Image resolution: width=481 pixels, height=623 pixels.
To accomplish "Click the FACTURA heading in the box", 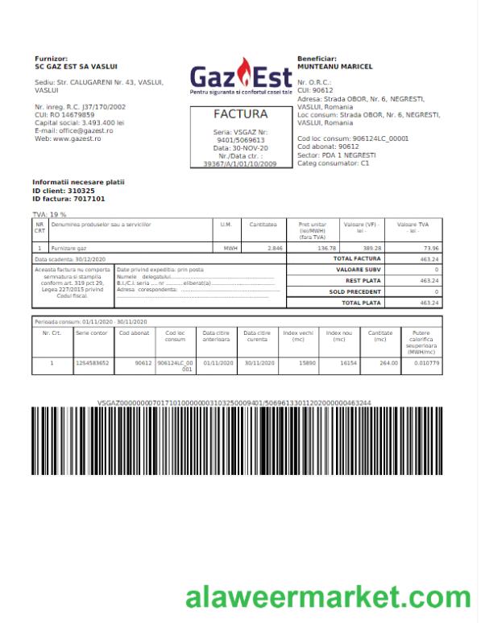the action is [x=240, y=115].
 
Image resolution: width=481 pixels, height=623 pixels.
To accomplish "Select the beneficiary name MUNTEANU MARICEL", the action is [x=332, y=66].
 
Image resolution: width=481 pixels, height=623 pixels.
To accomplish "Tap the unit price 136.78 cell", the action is [x=326, y=249].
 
